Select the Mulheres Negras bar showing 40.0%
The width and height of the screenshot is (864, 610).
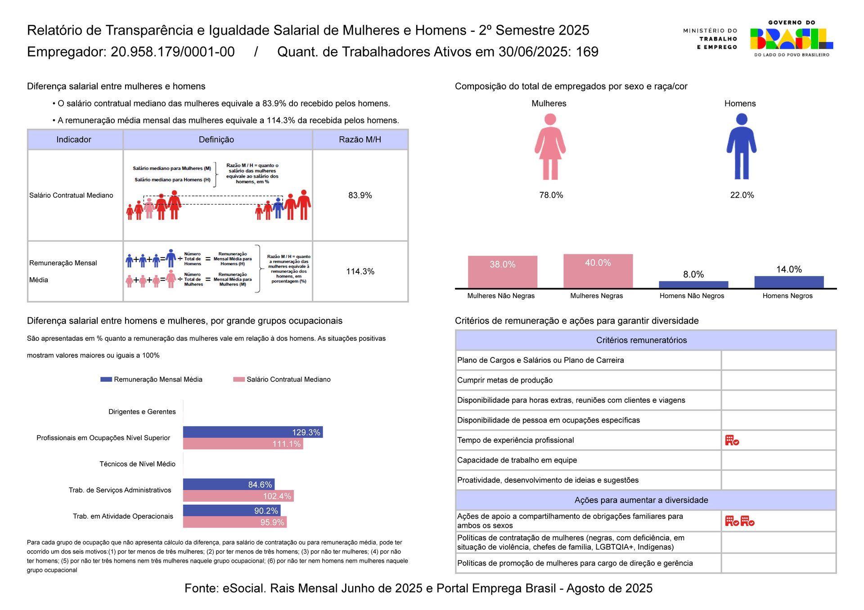pos(598,271)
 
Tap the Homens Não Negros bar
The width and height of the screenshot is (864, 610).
pos(693,285)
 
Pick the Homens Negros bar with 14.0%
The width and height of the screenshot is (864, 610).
pos(788,282)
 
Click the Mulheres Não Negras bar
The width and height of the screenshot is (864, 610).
pos(502,272)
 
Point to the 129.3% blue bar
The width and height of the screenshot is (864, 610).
pos(252,432)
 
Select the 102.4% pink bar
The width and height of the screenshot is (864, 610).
pos(238,496)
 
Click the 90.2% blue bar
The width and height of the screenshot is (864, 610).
pos(231,511)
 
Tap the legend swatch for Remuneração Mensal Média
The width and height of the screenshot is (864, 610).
pos(106,379)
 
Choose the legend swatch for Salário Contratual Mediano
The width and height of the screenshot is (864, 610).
pos(238,379)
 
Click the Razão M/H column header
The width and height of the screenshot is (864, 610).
pos(360,139)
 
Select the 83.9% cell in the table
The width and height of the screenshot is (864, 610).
pos(360,195)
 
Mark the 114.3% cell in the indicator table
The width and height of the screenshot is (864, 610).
pos(360,272)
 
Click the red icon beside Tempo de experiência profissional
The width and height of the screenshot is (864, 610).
pos(732,440)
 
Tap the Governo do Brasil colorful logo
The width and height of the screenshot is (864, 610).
pos(791,39)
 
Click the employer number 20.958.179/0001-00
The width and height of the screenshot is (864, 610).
pos(172,52)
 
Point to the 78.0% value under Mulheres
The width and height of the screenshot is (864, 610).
pos(551,195)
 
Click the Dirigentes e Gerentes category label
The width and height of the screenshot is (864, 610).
pos(142,412)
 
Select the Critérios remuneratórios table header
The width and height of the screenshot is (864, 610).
pos(641,340)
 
